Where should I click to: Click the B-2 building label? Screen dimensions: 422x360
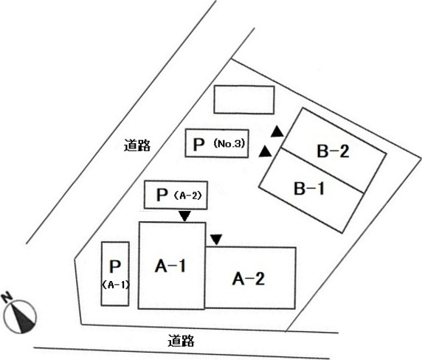[333, 151]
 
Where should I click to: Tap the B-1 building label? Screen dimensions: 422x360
[309, 188]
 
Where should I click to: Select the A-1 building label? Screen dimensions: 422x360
[170, 266]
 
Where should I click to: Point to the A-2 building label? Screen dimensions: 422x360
[249, 278]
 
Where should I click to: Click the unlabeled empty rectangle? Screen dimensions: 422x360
[244, 100]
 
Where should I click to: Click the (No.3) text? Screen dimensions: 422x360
[229, 144]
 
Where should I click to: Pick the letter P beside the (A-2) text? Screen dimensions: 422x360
[162, 195]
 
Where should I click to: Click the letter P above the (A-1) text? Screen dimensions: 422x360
[115, 266]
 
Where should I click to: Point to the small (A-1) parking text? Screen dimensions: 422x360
[116, 285]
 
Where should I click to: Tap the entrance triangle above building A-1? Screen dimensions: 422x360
[185, 216]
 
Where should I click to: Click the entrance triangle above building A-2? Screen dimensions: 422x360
[216, 240]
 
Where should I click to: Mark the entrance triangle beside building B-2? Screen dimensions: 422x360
[277, 131]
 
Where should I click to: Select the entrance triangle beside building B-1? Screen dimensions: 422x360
[266, 151]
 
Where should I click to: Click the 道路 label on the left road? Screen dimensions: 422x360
[137, 145]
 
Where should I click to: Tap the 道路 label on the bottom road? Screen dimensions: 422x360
[181, 340]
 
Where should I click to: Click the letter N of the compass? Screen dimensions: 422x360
[7, 297]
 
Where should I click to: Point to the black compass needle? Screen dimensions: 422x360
[22, 318]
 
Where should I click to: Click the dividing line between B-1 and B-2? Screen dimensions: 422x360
[322, 170]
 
